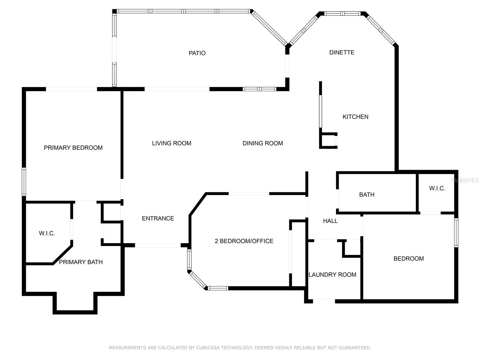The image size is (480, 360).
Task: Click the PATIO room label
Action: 197,53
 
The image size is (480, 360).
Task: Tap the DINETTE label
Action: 342,52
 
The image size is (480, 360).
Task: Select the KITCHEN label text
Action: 355,117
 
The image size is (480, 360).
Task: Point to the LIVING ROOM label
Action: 171,143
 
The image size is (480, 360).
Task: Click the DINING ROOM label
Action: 262,143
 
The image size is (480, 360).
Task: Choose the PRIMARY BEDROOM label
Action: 73,148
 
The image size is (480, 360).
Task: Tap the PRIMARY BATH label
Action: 81,262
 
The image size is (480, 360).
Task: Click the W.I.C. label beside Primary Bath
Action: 47,233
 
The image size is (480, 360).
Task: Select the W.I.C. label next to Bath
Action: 437,188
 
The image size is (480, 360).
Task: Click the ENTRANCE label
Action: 158,218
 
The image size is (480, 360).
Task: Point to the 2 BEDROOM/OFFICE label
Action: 244,241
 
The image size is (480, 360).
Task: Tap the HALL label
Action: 330,221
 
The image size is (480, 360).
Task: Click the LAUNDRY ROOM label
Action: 332,275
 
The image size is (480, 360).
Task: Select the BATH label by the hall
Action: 367,195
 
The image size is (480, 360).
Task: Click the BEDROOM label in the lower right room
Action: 408,259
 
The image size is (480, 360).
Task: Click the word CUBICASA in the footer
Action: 208,348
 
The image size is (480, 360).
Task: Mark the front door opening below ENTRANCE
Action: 158,245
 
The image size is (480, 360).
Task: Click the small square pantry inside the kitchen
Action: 328,140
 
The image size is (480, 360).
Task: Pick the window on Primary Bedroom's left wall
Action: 24,182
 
